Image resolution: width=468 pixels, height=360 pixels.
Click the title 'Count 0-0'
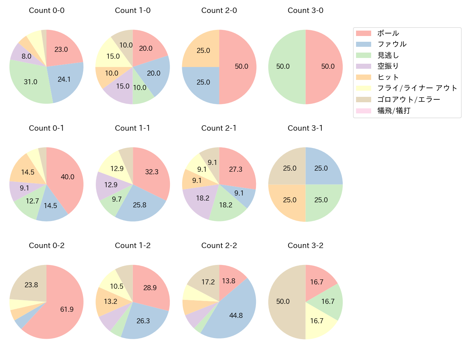(46, 10)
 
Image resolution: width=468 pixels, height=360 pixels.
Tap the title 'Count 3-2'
(305, 246)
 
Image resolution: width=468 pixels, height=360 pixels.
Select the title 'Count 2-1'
(219, 128)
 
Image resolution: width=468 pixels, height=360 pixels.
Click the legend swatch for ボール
(363, 33)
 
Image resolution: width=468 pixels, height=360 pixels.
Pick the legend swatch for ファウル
(363, 44)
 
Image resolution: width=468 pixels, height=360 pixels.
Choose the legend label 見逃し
(388, 55)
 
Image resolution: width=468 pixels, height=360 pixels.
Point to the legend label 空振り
(388, 66)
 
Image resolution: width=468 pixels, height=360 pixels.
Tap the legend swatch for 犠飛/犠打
(363, 111)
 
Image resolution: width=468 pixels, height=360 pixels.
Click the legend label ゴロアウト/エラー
(409, 99)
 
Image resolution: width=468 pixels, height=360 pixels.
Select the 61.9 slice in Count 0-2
(61, 313)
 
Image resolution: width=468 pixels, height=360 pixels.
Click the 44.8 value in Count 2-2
(236, 316)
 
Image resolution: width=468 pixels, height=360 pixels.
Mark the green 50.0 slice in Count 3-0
(284, 67)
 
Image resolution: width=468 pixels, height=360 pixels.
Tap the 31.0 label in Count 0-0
(31, 82)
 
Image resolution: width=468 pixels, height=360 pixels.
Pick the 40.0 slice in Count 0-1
(67, 178)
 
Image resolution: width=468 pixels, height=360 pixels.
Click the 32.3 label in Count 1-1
(152, 172)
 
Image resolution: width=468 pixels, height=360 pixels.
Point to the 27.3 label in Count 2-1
(236, 170)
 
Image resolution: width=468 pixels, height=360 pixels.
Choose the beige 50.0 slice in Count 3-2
(284, 302)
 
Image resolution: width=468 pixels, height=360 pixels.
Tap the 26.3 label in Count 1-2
(143, 321)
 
